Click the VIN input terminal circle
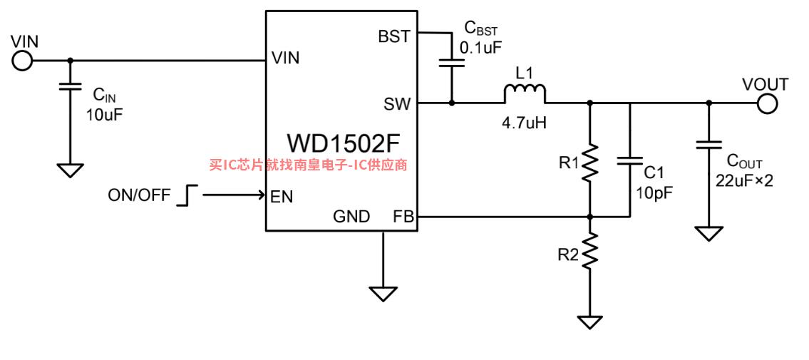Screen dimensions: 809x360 (x=21, y=61)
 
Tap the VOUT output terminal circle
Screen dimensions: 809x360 (x=767, y=103)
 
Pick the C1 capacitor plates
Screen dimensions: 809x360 (x=630, y=160)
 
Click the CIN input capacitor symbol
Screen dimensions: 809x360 (x=70, y=86)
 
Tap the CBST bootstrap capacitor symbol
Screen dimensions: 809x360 (x=451, y=63)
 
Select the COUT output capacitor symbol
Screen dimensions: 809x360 (x=709, y=145)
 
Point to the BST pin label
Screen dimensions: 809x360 (x=394, y=36)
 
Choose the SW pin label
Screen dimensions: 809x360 (x=397, y=105)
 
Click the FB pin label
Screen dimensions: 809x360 (x=403, y=217)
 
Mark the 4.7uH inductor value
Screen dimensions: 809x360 (x=524, y=124)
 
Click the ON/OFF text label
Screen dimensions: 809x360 (x=139, y=195)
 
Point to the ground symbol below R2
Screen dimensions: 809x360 (x=590, y=322)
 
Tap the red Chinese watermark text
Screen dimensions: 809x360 (x=309, y=165)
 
